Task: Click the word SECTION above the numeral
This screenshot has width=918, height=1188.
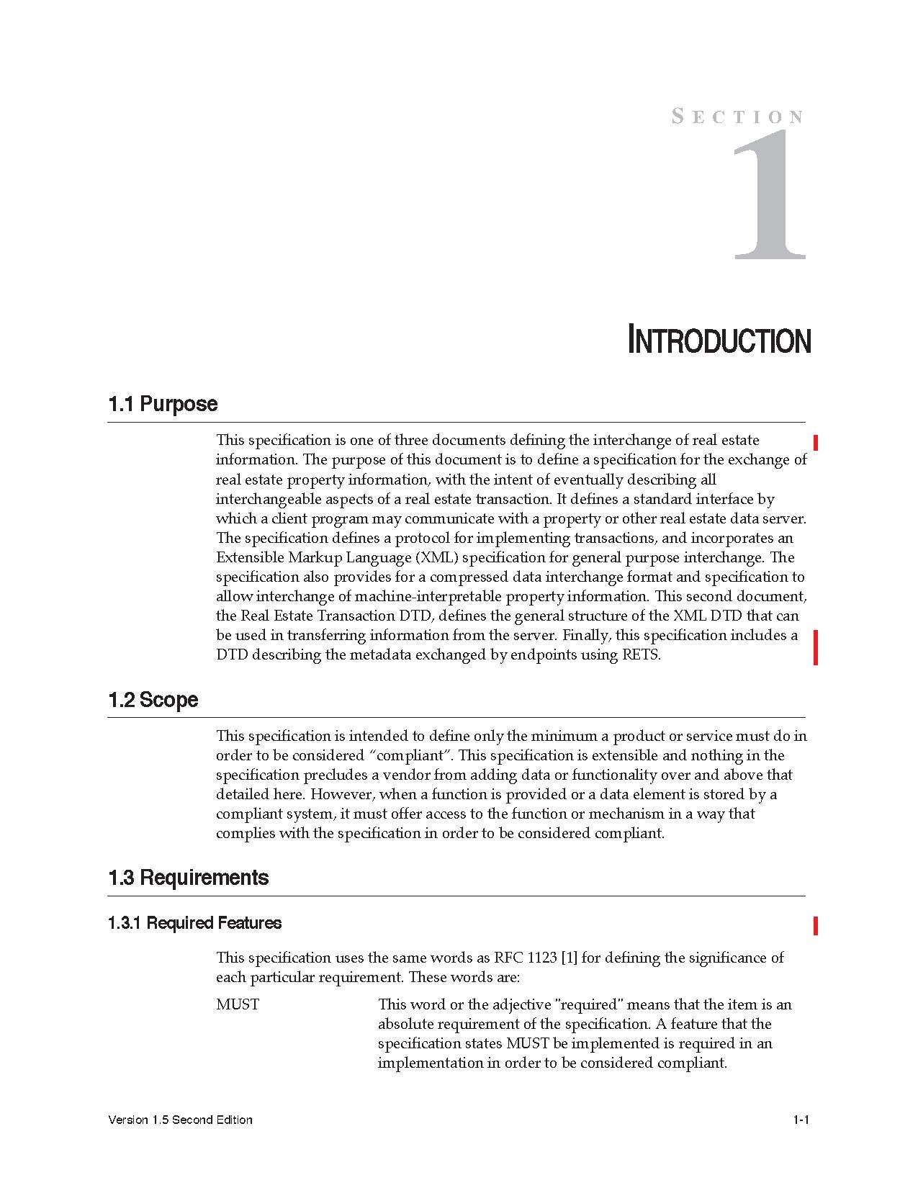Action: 737,117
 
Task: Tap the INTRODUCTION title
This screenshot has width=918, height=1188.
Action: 719,341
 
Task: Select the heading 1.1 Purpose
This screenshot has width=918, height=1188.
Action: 163,404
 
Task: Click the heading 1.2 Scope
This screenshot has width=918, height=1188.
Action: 153,700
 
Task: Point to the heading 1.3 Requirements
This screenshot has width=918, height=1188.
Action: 189,878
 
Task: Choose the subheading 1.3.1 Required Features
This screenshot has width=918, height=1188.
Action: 194,923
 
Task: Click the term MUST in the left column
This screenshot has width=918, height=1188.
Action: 238,1004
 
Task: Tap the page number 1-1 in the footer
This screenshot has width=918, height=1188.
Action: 801,1120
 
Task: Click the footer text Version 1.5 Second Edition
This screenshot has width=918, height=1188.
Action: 180,1120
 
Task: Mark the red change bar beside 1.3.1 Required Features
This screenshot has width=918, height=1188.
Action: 816,925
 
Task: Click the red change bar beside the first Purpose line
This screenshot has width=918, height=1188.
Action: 816,442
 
